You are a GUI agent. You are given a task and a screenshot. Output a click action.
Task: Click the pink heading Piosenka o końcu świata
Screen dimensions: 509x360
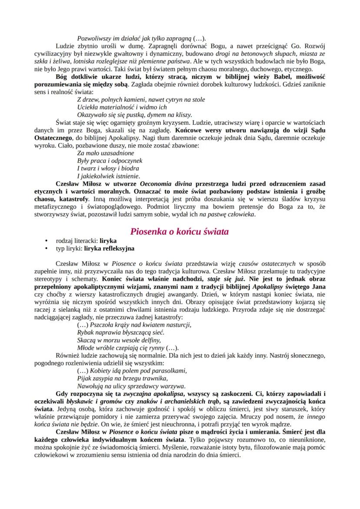tap(180, 232)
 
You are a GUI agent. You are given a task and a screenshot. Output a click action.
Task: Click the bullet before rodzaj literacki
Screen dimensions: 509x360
tap(46, 241)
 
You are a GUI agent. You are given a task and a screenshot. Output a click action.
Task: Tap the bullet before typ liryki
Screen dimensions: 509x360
tap(46, 249)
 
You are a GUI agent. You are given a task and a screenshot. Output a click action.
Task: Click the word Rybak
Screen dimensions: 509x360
tap(86, 332)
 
